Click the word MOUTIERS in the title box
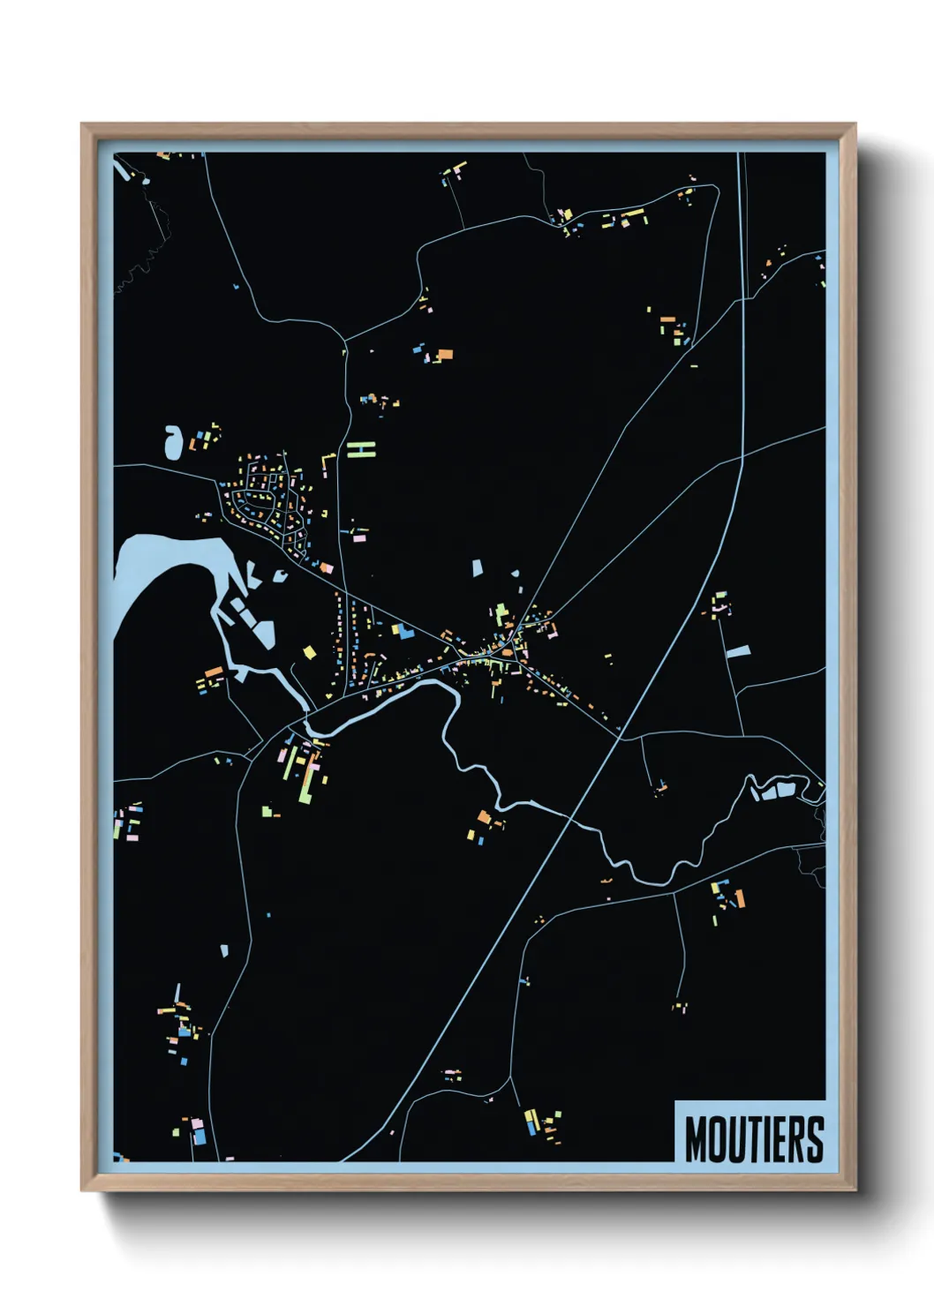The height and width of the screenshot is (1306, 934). tap(754, 1138)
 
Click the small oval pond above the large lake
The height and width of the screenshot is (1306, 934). tap(173, 441)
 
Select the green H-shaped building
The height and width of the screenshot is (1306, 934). tap(361, 449)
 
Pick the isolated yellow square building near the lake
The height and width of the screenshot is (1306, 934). tap(309, 653)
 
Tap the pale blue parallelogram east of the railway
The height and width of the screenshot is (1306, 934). tap(738, 652)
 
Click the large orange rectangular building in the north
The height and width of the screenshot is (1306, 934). tap(444, 355)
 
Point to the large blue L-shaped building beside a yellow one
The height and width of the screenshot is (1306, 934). tap(403, 630)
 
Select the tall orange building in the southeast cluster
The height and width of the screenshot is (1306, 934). tap(740, 899)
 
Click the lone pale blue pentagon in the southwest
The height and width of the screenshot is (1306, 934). tap(224, 950)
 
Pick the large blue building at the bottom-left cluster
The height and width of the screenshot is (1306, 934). tap(200, 1137)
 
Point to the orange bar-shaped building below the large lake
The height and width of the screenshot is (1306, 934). tap(213, 672)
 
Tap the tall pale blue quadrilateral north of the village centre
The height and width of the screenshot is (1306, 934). tap(478, 567)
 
